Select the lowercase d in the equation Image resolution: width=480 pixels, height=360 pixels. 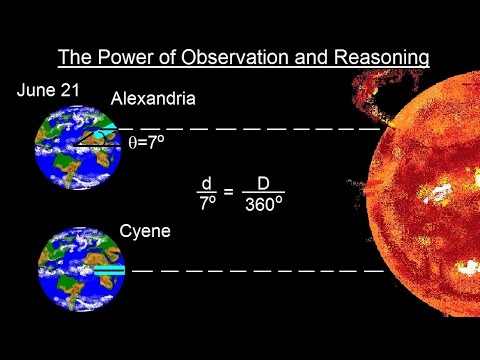click(206, 183)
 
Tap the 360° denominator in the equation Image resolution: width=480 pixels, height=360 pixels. click(265, 204)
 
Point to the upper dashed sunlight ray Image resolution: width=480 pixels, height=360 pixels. click(250, 129)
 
